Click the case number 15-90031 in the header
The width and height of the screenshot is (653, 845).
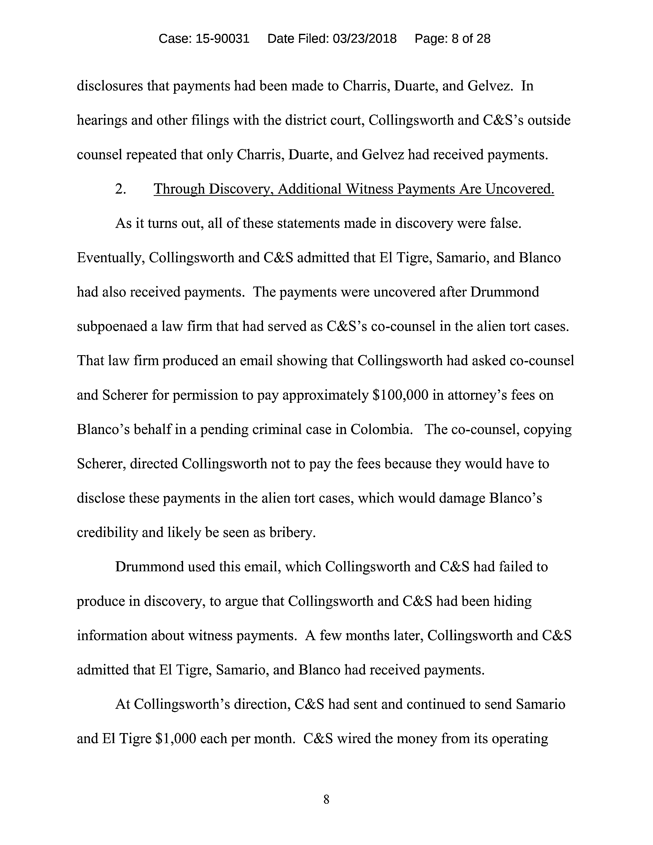[223, 39]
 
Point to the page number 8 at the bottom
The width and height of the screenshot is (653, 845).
[326, 799]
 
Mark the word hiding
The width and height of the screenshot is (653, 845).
[513, 601]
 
